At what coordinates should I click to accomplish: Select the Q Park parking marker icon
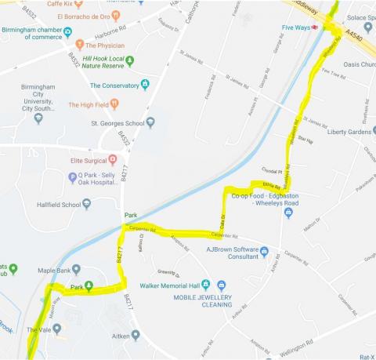click(x=72, y=178)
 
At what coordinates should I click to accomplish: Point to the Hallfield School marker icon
click(x=87, y=205)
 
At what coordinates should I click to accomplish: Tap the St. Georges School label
click(x=114, y=122)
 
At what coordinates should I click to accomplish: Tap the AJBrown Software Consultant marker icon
click(x=265, y=252)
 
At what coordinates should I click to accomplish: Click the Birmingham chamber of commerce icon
click(x=68, y=32)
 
